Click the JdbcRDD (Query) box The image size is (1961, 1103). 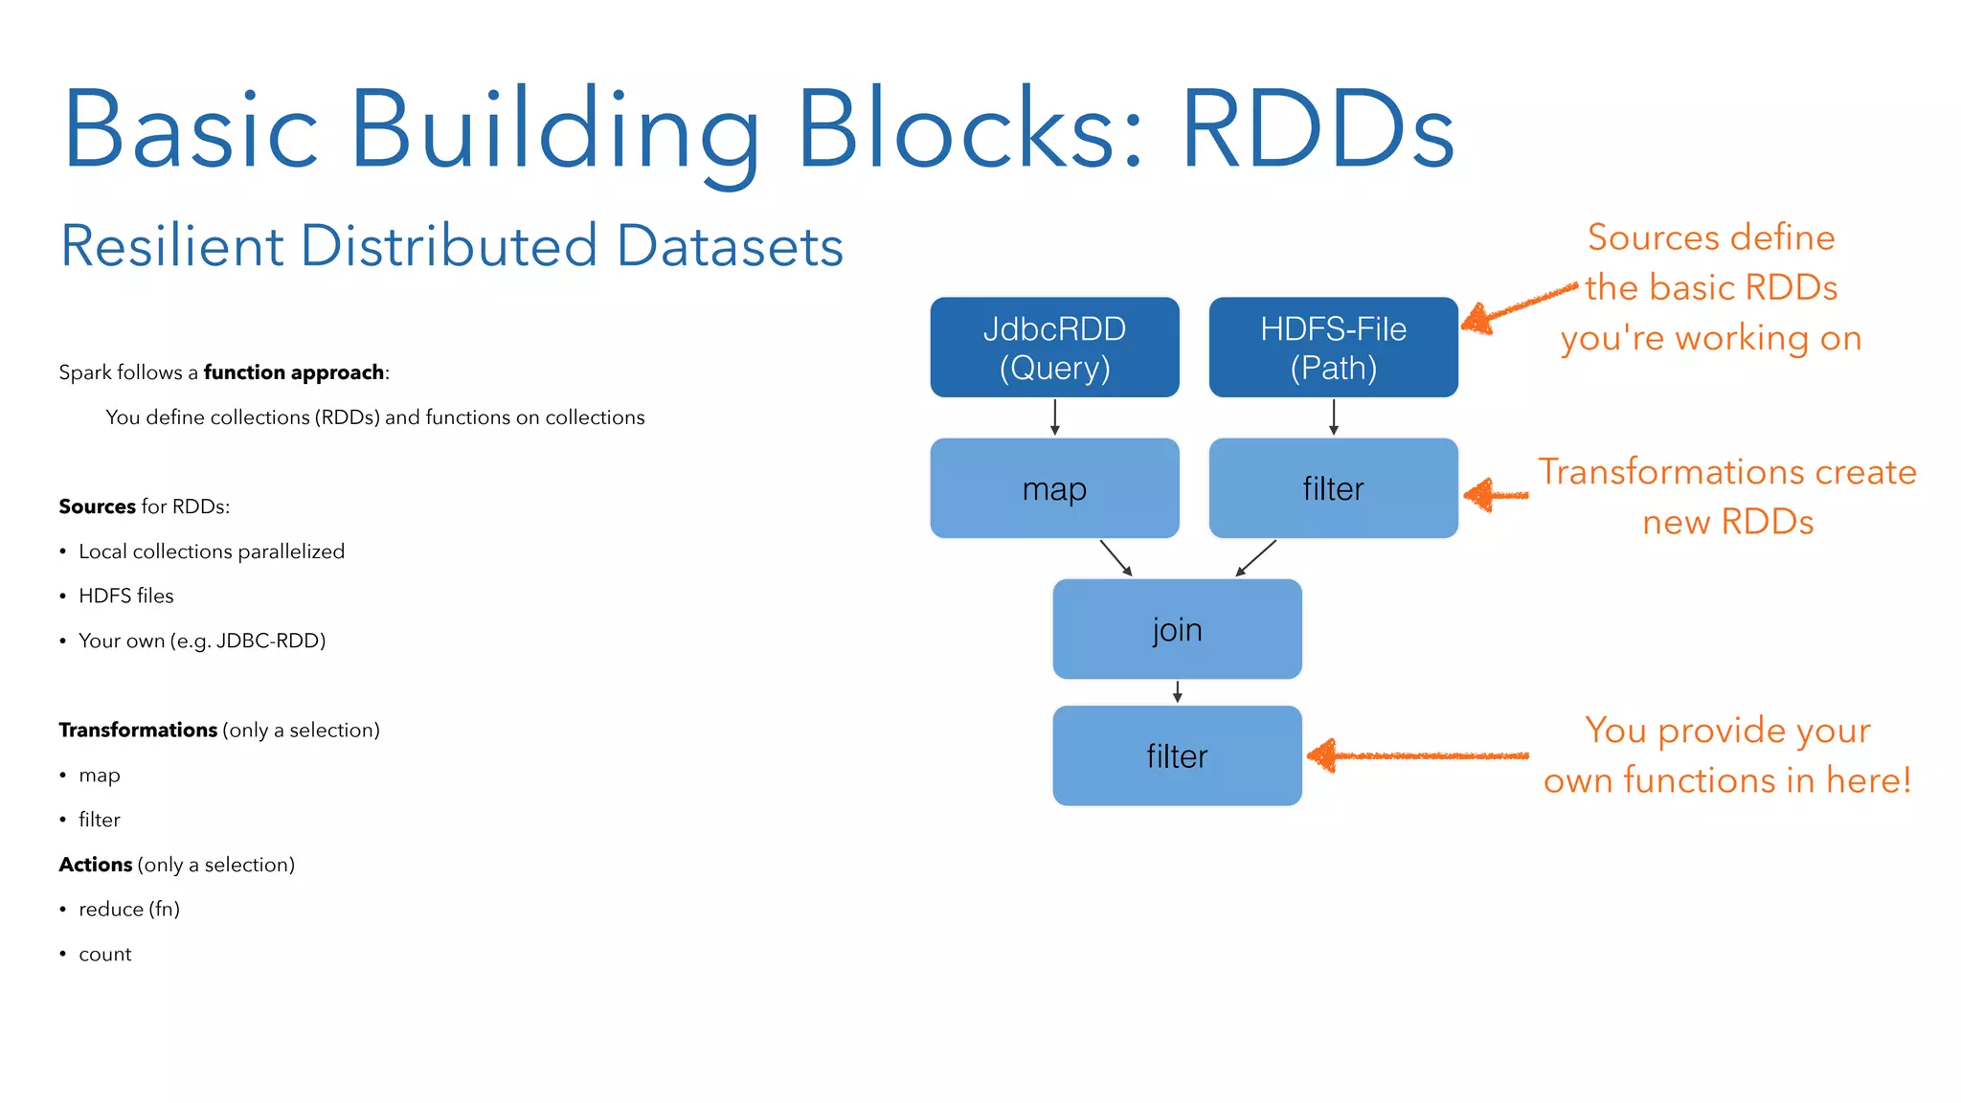1054,348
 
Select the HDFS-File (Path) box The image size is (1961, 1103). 1333,348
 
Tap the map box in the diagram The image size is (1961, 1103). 1054,488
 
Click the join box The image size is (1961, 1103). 1177,629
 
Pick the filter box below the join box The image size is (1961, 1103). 1177,756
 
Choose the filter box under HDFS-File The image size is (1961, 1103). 1333,488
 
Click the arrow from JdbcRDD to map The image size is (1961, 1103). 1054,417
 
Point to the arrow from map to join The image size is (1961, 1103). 1116,557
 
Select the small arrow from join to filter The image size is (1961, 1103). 1177,692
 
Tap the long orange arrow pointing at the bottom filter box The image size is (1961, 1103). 1417,756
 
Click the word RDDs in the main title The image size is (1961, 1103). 1318,130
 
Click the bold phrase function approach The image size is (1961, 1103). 293,372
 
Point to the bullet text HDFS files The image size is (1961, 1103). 125,596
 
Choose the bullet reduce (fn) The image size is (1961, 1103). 128,909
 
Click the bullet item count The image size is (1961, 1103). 104,954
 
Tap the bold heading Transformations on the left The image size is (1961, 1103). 138,730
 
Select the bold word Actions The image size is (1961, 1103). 96,865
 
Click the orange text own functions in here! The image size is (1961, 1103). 1726,780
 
